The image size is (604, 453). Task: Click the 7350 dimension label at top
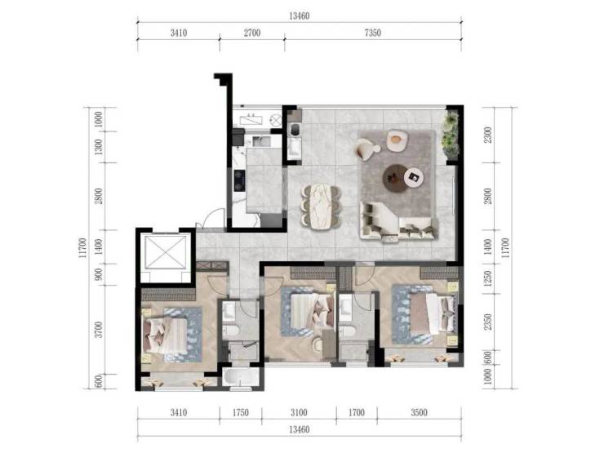[x=372, y=33]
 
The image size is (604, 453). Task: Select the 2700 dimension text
[x=252, y=33]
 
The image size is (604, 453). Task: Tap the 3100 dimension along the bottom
[x=299, y=413]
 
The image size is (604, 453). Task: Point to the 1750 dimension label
[x=240, y=413]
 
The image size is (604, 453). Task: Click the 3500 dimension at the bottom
[x=419, y=413]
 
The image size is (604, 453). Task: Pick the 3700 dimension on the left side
[x=99, y=330]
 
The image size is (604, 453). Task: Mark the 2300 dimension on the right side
[x=488, y=135]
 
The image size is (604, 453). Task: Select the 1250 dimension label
[x=488, y=279]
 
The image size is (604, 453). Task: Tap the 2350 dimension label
[x=488, y=322]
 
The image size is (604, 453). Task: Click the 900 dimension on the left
[x=99, y=274]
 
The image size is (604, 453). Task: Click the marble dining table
[x=321, y=206]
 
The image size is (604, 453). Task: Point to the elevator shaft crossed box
[x=166, y=252]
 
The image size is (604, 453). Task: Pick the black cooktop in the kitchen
[x=240, y=180]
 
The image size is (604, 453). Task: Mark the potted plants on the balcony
[x=451, y=135]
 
